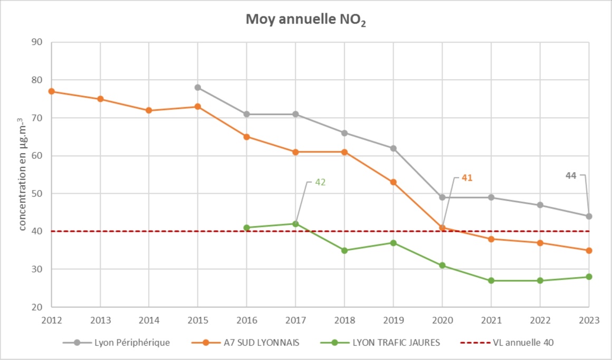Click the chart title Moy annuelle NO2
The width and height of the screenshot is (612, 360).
305,20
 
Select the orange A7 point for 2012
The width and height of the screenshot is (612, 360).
51,91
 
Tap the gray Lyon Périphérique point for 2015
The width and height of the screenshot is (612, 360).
198,88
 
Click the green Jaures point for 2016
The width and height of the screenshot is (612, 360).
246,228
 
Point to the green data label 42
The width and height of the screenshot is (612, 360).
320,183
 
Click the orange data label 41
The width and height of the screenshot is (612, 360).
466,178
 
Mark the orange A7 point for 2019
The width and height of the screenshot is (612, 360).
393,182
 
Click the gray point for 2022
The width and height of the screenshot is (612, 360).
540,205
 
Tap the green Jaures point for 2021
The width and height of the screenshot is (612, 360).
491,280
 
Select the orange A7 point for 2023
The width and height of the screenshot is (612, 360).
589,250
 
